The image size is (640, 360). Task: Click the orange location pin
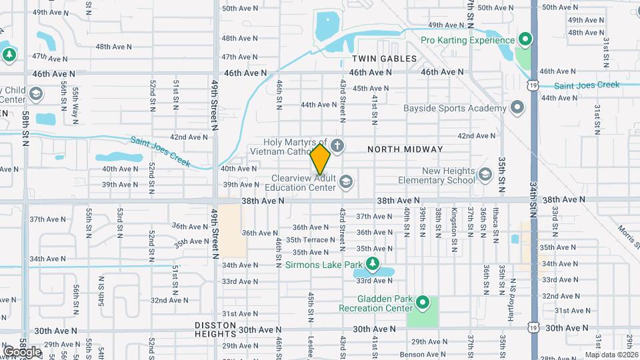coord(321,159)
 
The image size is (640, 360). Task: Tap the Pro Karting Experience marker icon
coord(525,40)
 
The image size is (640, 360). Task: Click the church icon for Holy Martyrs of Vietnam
coord(338,145)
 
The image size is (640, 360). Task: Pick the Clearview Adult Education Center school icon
coord(345,181)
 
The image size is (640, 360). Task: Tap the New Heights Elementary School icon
coord(485,175)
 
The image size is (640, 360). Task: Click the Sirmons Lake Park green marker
coord(373,265)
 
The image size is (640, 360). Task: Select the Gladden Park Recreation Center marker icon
coord(422,303)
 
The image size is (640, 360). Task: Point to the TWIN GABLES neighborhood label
coord(384,59)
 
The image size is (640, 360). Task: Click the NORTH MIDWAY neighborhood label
coord(405,149)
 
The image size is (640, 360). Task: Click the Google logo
coord(22,351)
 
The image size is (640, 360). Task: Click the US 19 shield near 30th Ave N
coord(532,329)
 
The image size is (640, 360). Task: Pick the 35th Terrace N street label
coord(310,239)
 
